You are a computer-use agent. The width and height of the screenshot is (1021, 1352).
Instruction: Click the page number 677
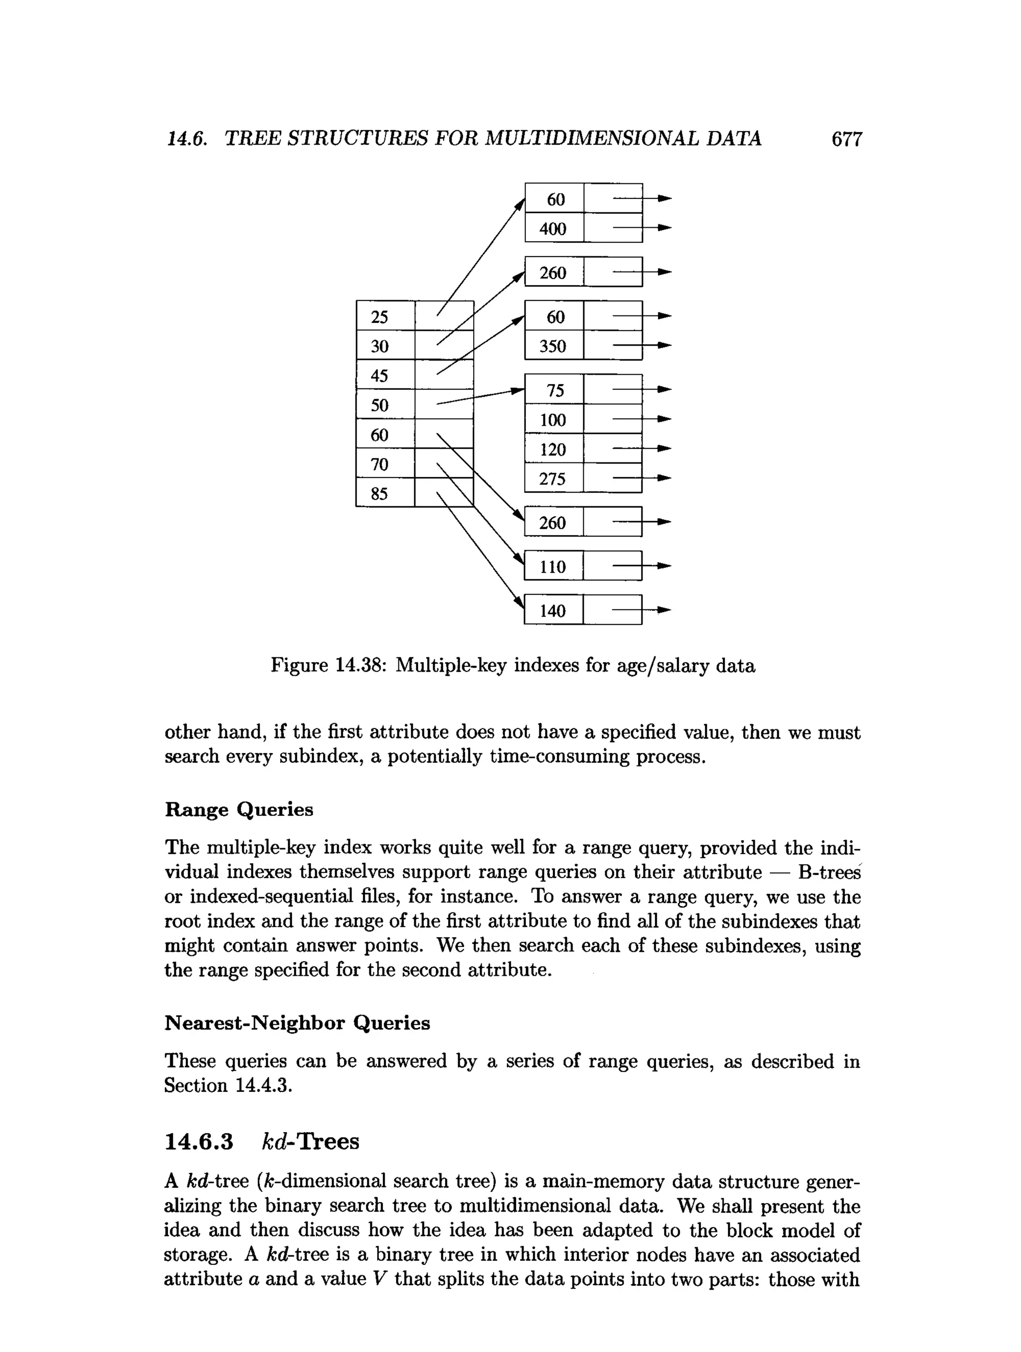[x=846, y=140]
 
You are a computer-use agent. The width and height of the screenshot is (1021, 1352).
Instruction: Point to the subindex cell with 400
[x=554, y=229]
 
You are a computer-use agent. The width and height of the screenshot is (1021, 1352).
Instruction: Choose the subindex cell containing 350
[x=554, y=346]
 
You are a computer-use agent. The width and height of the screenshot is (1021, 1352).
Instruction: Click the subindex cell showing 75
[x=554, y=390]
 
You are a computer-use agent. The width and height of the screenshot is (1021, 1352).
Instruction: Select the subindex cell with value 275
[x=554, y=478]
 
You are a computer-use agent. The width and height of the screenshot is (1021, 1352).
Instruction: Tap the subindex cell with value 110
[x=553, y=567]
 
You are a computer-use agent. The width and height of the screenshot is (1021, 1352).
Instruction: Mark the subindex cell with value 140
[x=553, y=610]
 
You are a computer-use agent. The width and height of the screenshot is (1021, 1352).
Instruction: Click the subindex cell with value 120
[x=554, y=449]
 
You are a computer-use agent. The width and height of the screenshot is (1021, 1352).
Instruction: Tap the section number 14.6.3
[x=199, y=1141]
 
